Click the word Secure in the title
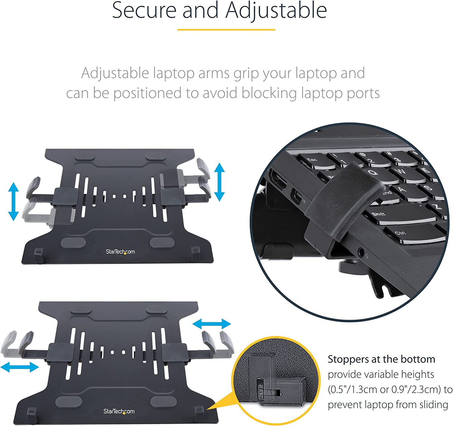tap(144, 10)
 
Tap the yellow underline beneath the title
tap(226, 29)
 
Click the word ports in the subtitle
tap(362, 93)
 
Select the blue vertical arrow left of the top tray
tap(14, 201)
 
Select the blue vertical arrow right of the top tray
tap(219, 182)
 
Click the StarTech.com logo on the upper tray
tap(120, 252)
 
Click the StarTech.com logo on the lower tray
tap(119, 411)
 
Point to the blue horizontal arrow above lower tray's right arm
tap(212, 324)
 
